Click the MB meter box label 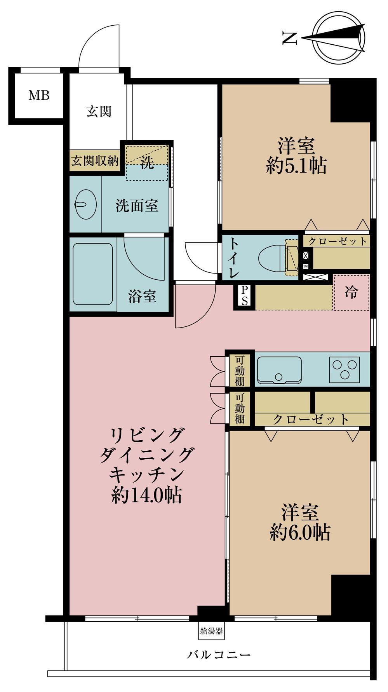[39, 95]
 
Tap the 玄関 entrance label [99, 112]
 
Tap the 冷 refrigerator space [351, 292]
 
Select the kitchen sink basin [279, 369]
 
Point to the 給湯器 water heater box [211, 631]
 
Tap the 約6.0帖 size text [300, 533]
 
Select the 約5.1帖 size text [296, 166]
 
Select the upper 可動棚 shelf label [240, 370]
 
